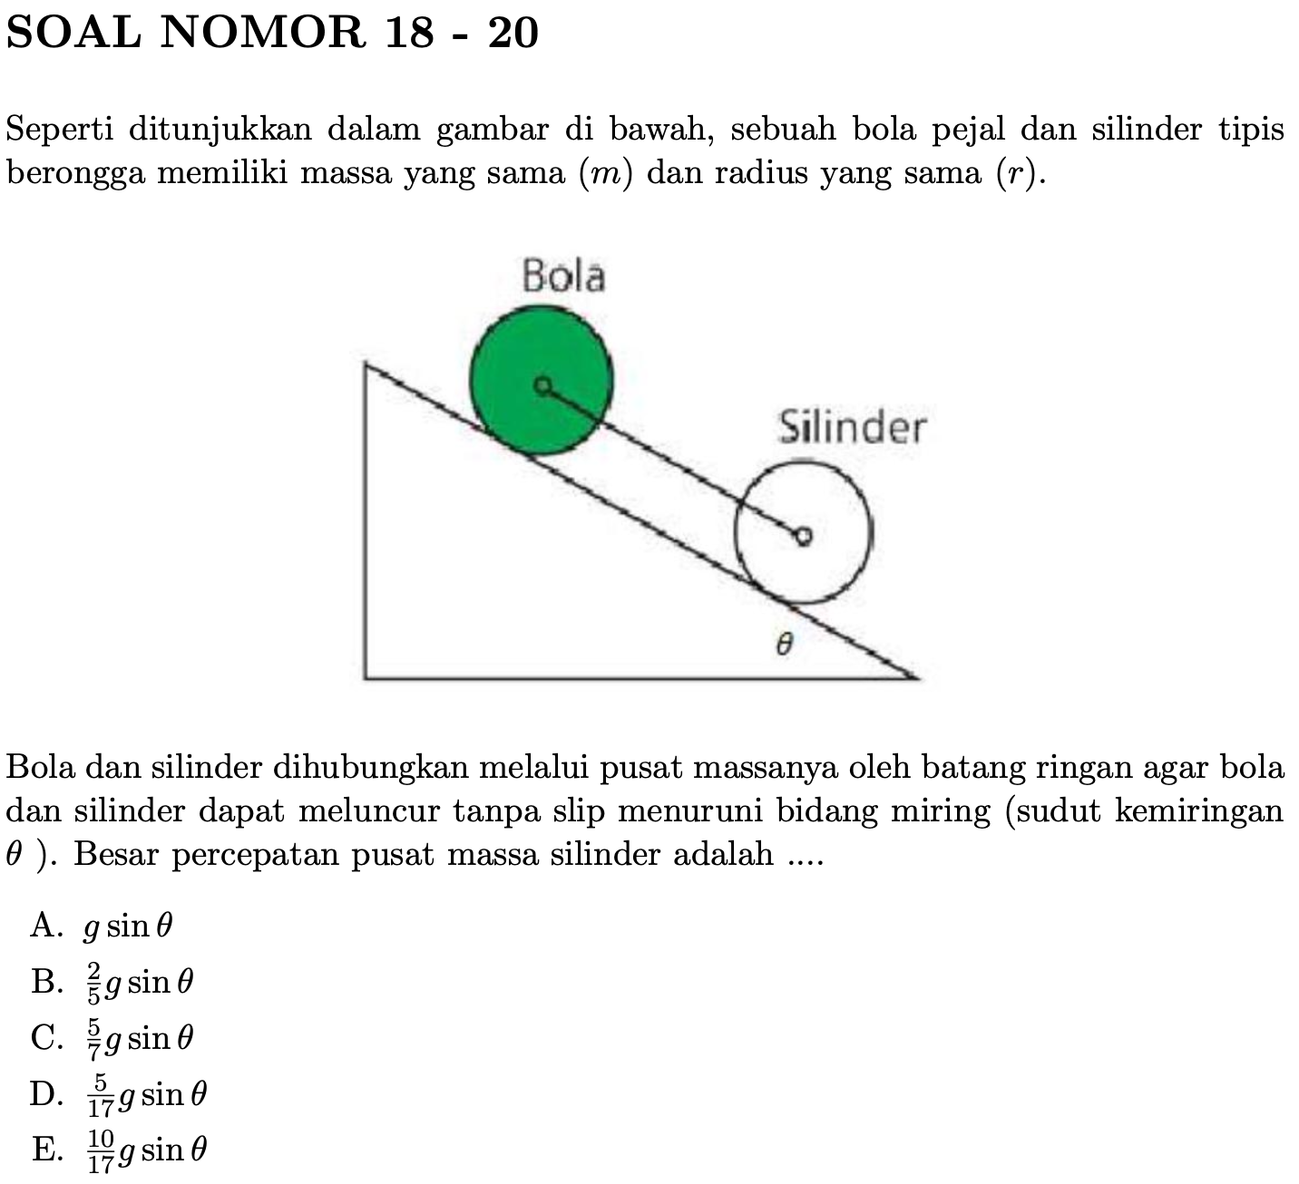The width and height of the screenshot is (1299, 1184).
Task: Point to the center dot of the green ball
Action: (542, 387)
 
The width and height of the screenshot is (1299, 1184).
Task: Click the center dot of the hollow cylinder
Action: (802, 537)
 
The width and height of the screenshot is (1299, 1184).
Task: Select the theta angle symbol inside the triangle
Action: (786, 645)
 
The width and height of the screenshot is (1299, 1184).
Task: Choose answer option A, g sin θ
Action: (127, 926)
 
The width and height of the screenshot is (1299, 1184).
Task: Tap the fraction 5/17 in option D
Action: (100, 1095)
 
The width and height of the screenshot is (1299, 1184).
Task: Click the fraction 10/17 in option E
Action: (102, 1150)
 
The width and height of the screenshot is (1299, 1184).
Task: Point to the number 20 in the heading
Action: (513, 34)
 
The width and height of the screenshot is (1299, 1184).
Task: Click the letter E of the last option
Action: (43, 1150)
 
